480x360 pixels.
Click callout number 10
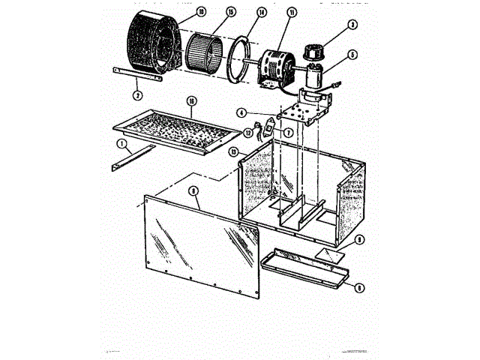pos(181,12)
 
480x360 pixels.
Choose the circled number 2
pos(137,95)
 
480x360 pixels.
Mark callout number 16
pos(191,100)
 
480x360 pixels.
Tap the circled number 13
pos(235,151)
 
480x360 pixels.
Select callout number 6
pos(359,286)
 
